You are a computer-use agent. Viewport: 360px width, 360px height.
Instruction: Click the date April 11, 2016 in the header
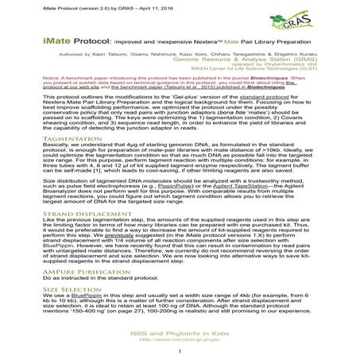click(x=154, y=6)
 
